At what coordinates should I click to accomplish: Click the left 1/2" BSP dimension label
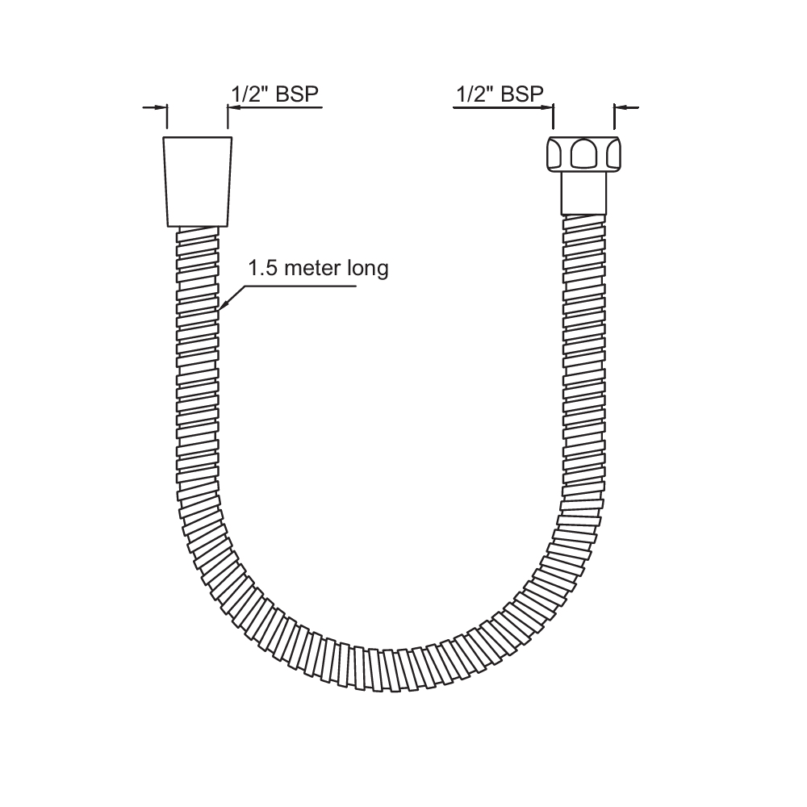click(276, 94)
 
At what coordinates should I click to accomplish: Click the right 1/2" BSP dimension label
click(500, 94)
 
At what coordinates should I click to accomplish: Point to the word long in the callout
click(368, 269)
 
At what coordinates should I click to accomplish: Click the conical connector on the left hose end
click(198, 181)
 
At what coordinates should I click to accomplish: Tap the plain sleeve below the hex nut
click(583, 192)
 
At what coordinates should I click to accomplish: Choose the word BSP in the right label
click(522, 94)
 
